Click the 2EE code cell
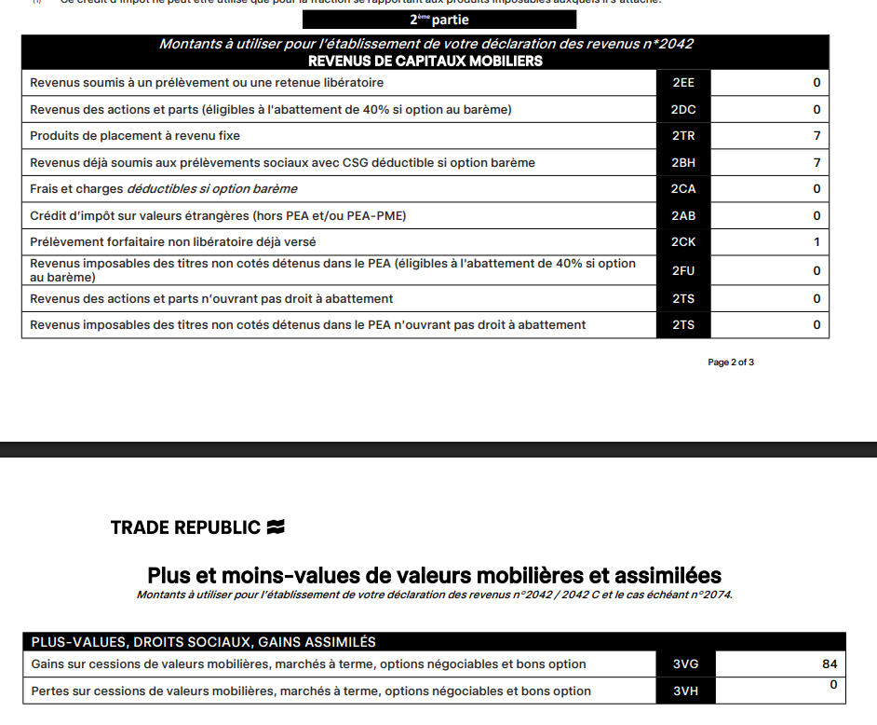[x=683, y=83]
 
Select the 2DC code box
[x=683, y=110]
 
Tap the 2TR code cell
[x=683, y=136]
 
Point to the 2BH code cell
[x=683, y=163]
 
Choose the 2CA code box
[x=683, y=189]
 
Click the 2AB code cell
[x=683, y=216]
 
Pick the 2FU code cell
[x=683, y=271]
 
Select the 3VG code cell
[x=686, y=664]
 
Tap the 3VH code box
[x=686, y=691]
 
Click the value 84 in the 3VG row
[x=830, y=664]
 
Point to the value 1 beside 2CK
[x=816, y=242]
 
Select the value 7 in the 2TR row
[x=816, y=136]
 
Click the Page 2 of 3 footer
[x=731, y=362]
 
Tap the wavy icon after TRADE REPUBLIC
[x=275, y=527]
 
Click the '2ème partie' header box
[x=439, y=20]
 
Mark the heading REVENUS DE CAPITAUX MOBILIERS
[x=425, y=62]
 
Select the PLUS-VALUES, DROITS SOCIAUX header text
[x=204, y=642]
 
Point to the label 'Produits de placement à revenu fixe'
[x=135, y=136]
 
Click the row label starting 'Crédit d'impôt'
[x=218, y=216]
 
